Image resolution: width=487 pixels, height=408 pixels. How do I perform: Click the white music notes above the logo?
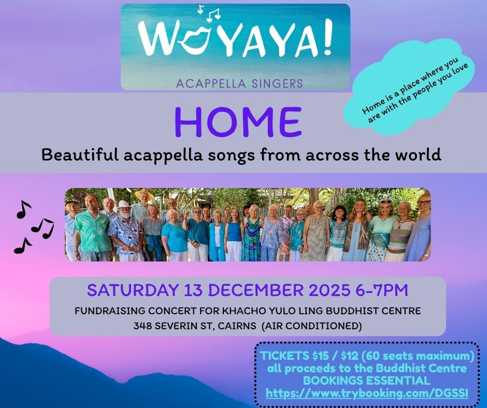(x=207, y=13)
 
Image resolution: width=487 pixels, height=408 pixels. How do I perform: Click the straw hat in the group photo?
(x=144, y=195)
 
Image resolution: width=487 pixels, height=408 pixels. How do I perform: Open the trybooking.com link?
(x=367, y=394)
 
